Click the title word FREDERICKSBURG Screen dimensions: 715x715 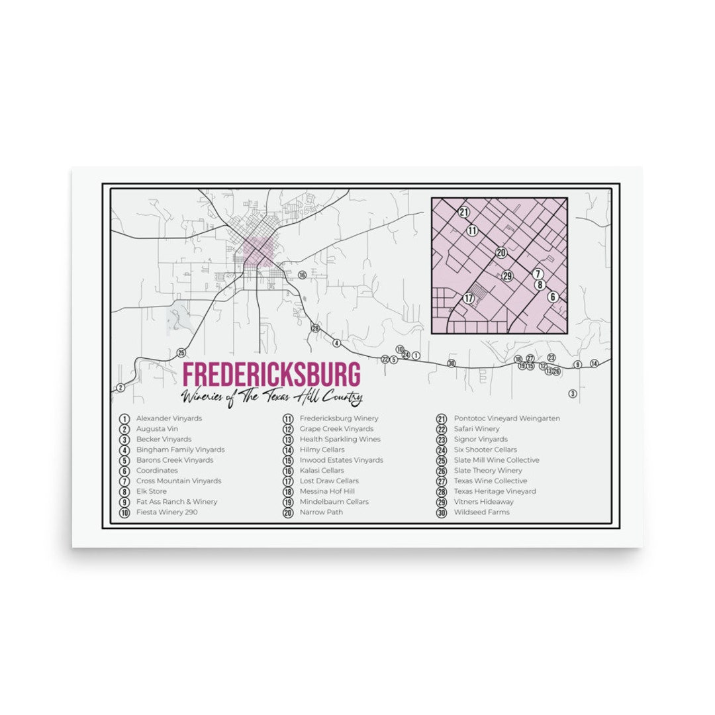[x=271, y=374]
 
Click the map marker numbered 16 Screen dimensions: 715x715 [x=302, y=275]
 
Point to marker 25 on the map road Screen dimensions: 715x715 [x=181, y=353]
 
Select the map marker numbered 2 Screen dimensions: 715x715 [x=120, y=387]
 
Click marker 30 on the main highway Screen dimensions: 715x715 [x=452, y=363]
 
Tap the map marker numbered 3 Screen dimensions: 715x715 [x=573, y=393]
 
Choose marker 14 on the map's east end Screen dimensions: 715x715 [x=594, y=363]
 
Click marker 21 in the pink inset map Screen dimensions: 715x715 [x=463, y=213]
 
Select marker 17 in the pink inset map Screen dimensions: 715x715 [x=469, y=299]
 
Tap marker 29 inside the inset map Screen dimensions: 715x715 [x=508, y=276]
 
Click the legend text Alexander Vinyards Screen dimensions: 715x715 [x=169, y=418]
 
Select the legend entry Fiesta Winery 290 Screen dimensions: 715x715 [x=167, y=512]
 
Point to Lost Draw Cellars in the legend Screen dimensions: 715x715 [x=329, y=481]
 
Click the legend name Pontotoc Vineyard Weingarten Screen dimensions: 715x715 [x=506, y=418]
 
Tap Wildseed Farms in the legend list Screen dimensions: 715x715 [x=481, y=512]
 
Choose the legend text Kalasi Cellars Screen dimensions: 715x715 [x=322, y=471]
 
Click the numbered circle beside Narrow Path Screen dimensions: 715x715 [x=288, y=512]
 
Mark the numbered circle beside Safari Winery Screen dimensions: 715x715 [x=442, y=429]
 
